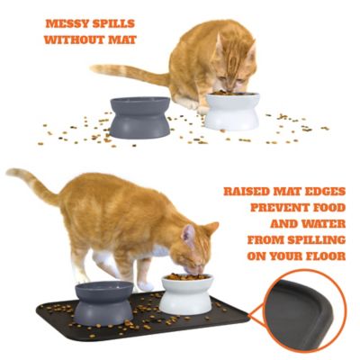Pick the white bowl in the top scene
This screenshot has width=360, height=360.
coord(232,111)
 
